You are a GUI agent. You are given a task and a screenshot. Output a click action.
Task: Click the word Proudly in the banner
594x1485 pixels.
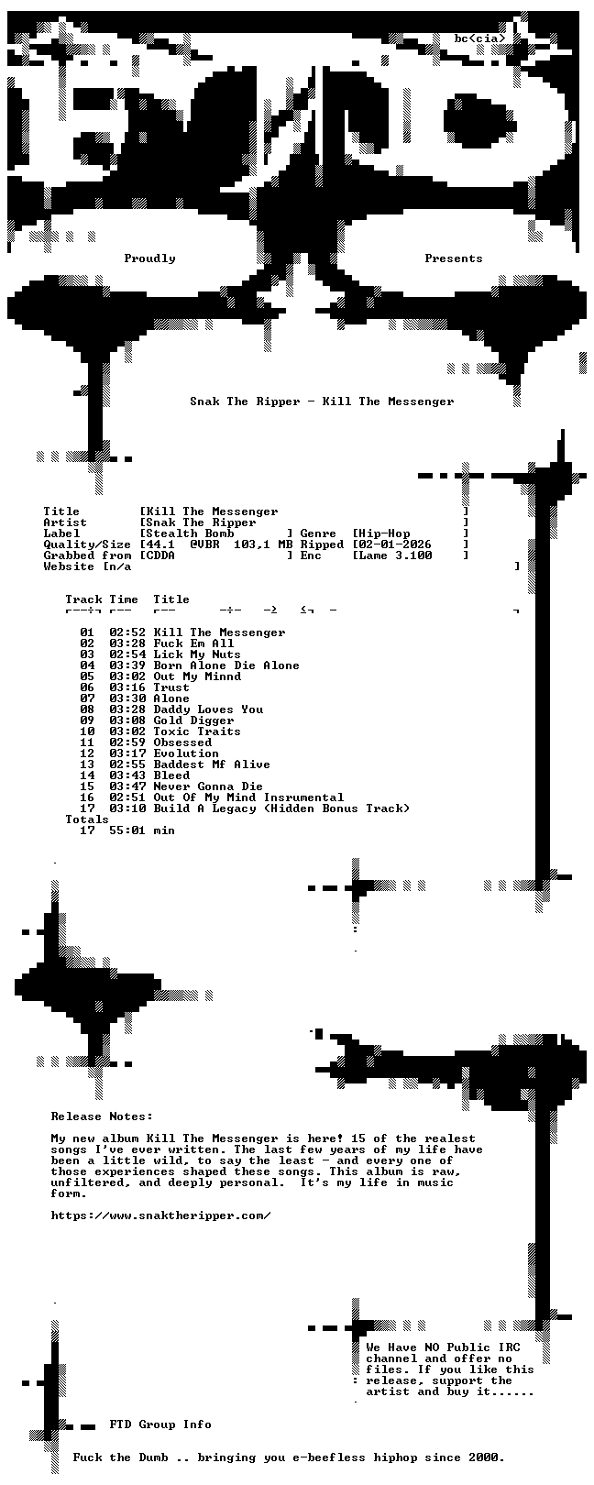149,258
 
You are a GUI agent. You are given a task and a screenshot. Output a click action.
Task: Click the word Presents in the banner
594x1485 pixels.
454,258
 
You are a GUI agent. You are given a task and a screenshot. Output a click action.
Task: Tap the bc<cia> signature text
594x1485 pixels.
480,38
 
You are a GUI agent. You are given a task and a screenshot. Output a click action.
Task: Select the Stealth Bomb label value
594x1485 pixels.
190,533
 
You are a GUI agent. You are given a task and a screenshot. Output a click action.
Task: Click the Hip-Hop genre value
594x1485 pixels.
384,533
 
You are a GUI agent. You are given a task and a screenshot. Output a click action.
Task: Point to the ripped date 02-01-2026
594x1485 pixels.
395,544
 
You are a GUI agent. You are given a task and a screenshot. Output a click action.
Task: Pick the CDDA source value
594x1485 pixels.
160,555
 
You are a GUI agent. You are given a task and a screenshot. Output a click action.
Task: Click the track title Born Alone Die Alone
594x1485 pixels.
226,665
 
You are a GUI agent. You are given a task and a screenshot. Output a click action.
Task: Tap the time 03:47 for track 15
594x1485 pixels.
127,786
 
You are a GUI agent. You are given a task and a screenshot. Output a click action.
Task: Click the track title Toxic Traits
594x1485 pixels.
197,731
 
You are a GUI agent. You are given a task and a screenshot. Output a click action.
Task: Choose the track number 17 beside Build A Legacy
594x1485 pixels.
87,808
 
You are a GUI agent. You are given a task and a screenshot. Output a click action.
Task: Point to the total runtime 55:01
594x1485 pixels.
127,830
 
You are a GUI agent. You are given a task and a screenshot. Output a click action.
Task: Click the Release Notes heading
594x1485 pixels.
102,1116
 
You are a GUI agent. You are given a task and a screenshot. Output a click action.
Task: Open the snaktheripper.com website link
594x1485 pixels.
160,1215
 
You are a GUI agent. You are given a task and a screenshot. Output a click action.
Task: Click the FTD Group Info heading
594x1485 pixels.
160,1424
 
